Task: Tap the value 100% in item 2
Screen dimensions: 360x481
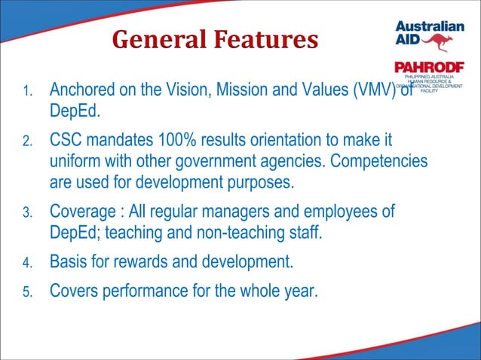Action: (184, 141)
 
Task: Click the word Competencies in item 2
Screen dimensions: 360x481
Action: (380, 161)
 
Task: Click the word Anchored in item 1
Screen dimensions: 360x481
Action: (83, 92)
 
